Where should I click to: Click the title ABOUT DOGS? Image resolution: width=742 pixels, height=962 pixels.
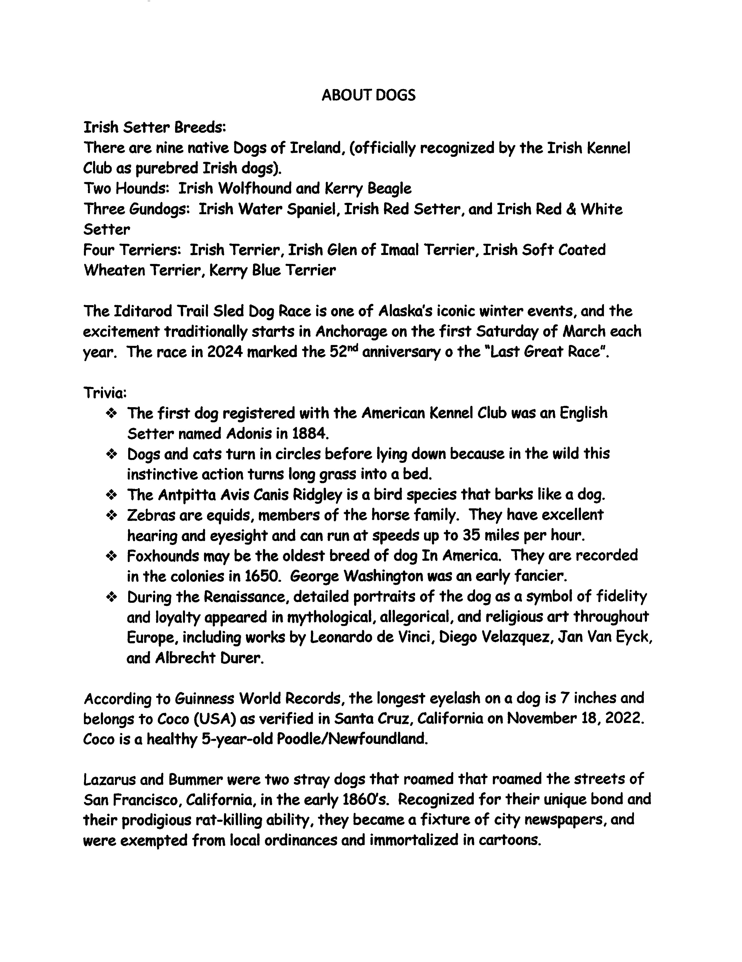(x=368, y=95)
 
